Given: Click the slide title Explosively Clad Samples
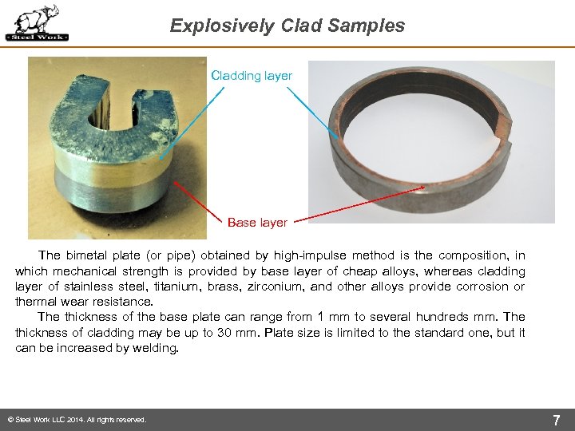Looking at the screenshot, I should click(x=287, y=26).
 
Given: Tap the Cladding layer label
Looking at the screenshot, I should click(x=252, y=76).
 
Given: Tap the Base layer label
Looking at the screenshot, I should click(x=257, y=223).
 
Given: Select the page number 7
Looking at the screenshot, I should click(x=556, y=420).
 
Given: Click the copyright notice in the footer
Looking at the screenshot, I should click(x=76, y=420).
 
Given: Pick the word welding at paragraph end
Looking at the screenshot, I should click(x=153, y=348).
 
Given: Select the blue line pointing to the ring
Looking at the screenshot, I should click(x=311, y=113).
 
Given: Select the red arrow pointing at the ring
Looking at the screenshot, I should click(x=359, y=204).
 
